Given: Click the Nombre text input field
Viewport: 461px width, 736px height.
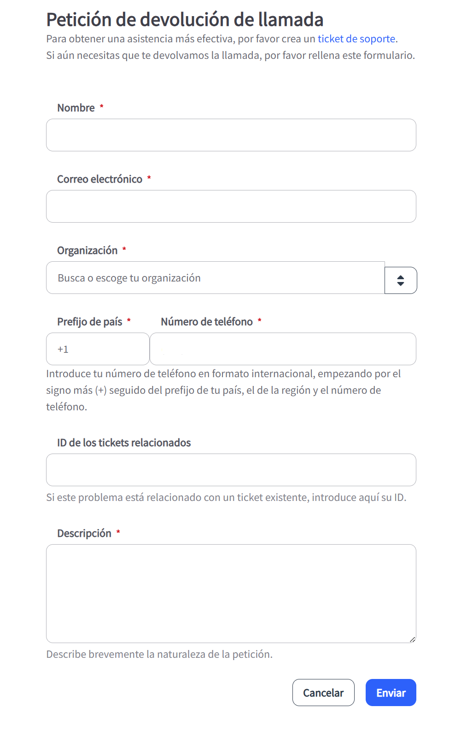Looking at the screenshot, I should (x=231, y=135).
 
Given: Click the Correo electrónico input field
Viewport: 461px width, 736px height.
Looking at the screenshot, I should (x=231, y=206).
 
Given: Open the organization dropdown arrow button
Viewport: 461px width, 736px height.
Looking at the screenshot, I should (x=401, y=280).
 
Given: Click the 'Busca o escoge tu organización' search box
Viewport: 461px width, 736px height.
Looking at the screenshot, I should (x=215, y=278).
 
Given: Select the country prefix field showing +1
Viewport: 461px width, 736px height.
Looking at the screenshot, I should (x=98, y=349).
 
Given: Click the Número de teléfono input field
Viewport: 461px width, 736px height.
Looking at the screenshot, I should (x=283, y=349).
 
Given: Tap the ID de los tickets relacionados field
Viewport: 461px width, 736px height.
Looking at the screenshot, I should (x=231, y=470).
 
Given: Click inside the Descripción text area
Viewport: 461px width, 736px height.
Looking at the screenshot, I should (x=231, y=593).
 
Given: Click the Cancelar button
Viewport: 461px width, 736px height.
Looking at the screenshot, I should (x=323, y=692).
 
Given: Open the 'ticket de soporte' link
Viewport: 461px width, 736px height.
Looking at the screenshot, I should (x=356, y=39).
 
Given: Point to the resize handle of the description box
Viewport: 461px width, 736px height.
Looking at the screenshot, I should (x=413, y=639).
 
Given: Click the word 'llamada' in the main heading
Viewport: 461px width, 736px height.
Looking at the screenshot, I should (x=291, y=20).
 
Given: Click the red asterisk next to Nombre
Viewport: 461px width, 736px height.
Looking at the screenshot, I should (x=101, y=107).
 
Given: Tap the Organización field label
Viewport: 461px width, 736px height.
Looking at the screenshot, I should (x=87, y=250).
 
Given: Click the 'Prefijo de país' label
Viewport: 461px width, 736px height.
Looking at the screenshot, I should (x=89, y=322).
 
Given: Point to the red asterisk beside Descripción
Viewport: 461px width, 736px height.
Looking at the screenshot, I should (x=118, y=532).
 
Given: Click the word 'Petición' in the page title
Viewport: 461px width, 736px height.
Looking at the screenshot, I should (x=79, y=20).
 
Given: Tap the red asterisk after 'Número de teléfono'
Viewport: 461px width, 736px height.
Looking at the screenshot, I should (x=260, y=321).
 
